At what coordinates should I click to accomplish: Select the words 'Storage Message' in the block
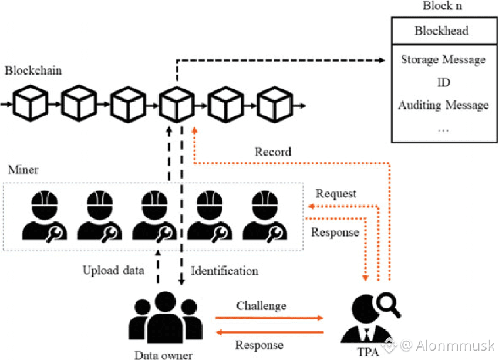pyautogui.click(x=443, y=59)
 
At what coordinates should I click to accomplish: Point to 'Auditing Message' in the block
pyautogui.click(x=443, y=105)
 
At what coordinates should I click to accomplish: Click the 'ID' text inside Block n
pyautogui.click(x=444, y=82)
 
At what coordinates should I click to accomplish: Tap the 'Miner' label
pyautogui.click(x=23, y=170)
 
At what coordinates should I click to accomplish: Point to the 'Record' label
pyautogui.click(x=272, y=152)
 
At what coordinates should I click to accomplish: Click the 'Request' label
pyautogui.click(x=336, y=193)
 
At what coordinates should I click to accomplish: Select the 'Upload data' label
pyautogui.click(x=112, y=271)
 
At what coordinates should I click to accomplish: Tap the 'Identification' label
pyautogui.click(x=224, y=271)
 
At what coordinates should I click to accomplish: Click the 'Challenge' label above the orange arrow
pyautogui.click(x=261, y=306)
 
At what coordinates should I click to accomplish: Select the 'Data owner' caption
pyautogui.click(x=163, y=354)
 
